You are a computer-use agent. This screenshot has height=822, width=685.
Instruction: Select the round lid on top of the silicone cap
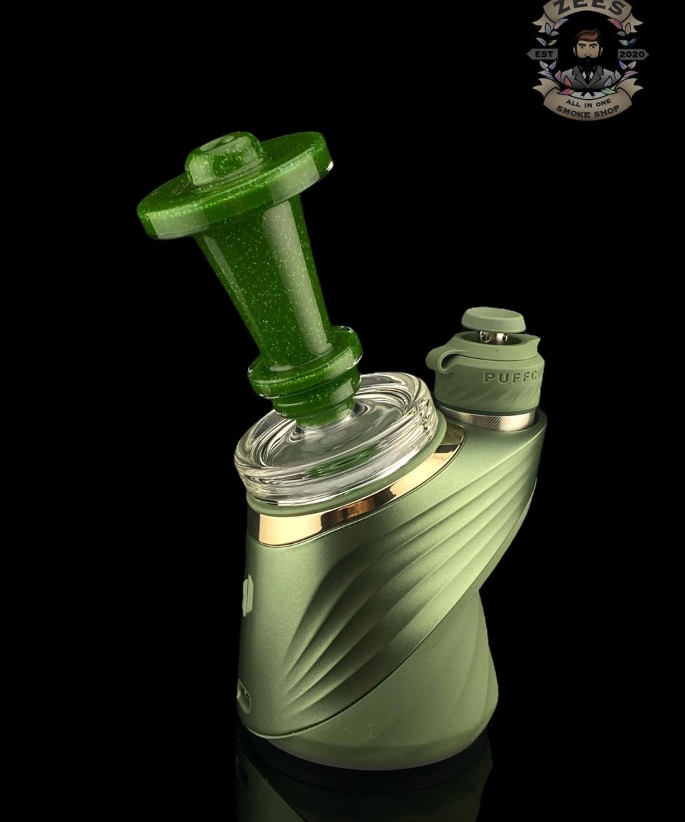point(493,320)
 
